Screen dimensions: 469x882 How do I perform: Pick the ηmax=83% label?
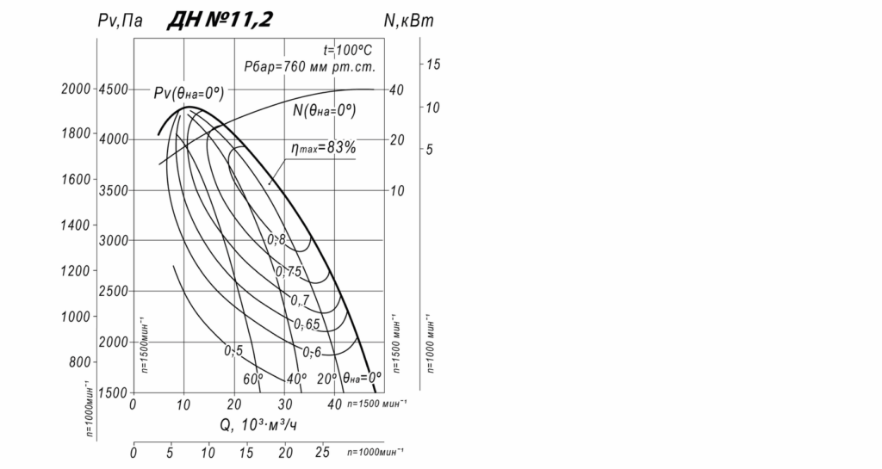point(323,147)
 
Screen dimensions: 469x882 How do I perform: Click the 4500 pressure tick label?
point(113,89)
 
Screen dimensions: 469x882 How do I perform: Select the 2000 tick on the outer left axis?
point(76,89)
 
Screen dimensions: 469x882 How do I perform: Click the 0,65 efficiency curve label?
point(307,324)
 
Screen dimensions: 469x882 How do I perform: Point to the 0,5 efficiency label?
point(233,350)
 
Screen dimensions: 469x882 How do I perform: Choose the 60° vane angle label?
point(252,378)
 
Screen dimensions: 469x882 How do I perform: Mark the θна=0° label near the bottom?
point(362,377)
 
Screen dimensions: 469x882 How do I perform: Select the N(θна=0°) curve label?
point(325,110)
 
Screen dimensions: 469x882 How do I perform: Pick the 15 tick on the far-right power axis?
point(433,65)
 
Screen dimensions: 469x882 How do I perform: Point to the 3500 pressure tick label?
point(113,189)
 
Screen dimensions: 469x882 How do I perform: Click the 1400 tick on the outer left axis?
point(76,225)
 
